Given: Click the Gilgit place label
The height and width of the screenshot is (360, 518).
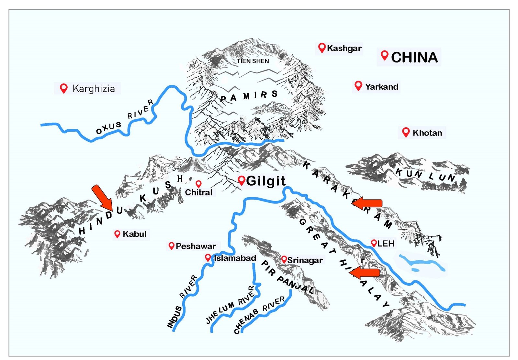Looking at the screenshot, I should (265, 181).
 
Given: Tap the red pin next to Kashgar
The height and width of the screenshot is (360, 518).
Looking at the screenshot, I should (321, 48).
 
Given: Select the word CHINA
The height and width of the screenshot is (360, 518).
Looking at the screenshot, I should (414, 57).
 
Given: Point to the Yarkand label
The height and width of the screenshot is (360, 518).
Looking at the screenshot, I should (381, 87).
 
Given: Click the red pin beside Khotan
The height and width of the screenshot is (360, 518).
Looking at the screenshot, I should (406, 132).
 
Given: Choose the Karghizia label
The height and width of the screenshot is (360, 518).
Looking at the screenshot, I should (94, 88).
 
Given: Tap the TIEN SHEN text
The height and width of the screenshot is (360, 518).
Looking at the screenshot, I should (253, 61).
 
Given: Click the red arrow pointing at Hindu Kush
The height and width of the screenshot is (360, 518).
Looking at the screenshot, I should (102, 197).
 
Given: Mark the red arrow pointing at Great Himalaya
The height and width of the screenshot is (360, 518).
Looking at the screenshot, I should (365, 273).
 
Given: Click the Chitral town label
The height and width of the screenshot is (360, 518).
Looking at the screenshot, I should (198, 192).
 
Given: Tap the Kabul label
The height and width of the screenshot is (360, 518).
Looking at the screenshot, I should (134, 234).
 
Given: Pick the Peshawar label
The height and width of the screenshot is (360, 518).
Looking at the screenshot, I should (196, 246).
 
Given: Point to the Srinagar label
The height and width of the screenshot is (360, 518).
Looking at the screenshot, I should (305, 260).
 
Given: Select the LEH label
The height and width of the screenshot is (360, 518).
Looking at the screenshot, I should (386, 243).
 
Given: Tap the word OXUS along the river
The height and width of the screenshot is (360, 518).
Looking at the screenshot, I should (109, 127).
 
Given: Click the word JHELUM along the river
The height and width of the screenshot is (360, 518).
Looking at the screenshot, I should (220, 312).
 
